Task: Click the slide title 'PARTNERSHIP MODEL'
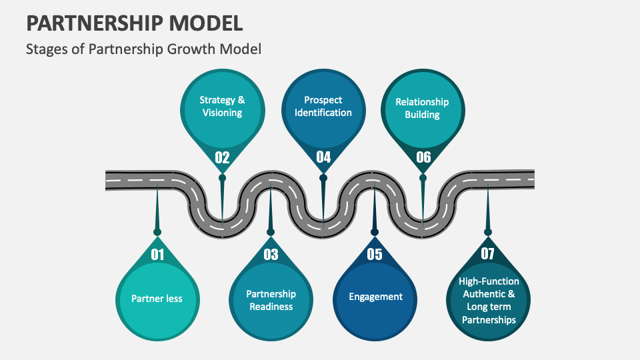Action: pos(134,23)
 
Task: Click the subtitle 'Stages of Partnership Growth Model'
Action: pos(143,49)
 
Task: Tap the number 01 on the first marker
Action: pos(157,254)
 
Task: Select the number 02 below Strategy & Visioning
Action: pos(222,157)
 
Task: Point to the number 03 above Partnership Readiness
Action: pos(271,254)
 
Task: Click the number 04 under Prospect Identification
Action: pos(323,157)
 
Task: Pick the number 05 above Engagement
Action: pos(375,254)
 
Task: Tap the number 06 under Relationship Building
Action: pos(423,157)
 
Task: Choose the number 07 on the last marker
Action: pos(488,254)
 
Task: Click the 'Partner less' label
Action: pos(157,298)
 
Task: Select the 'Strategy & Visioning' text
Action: pos(222,106)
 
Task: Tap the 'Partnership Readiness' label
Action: pos(271,300)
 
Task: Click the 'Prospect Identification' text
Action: pos(323,106)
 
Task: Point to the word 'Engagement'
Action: pos(375,297)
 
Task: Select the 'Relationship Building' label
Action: pos(422,108)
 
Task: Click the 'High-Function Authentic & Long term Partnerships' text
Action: pos(488,300)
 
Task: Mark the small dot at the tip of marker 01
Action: pos(157,232)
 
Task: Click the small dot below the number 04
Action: pos(323,178)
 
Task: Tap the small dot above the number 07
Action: pos(488,232)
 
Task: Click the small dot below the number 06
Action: pos(423,178)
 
